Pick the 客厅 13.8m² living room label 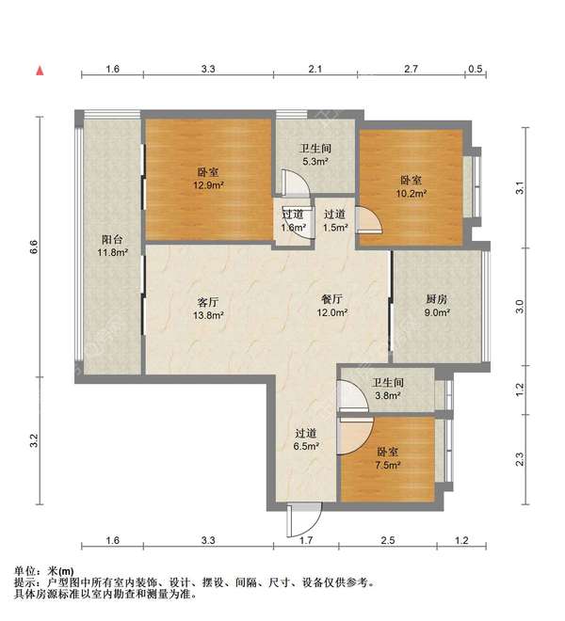(x=208, y=309)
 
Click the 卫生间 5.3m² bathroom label (x=315, y=155)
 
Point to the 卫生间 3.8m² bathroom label (x=387, y=390)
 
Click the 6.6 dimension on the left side (x=33, y=247)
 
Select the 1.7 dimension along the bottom (x=306, y=541)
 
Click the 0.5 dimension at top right (x=476, y=70)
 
